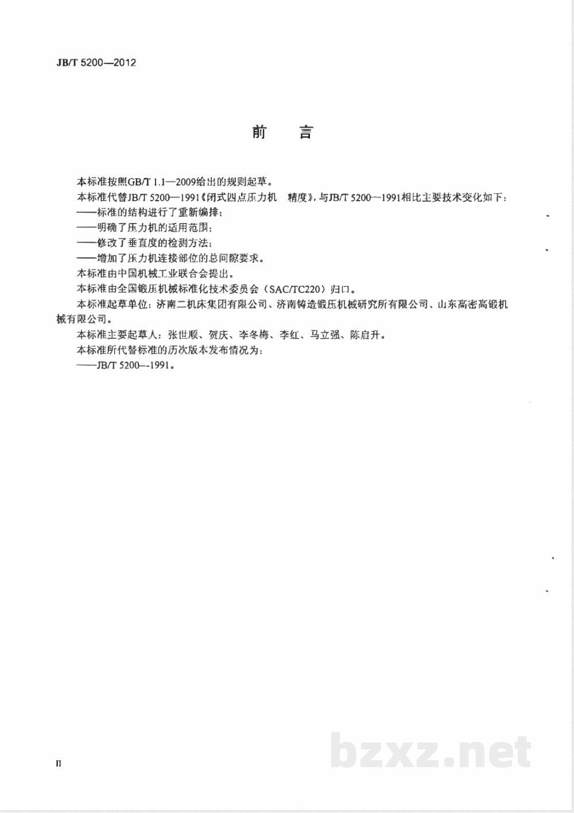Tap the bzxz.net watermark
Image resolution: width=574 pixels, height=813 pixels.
click(x=430, y=752)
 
